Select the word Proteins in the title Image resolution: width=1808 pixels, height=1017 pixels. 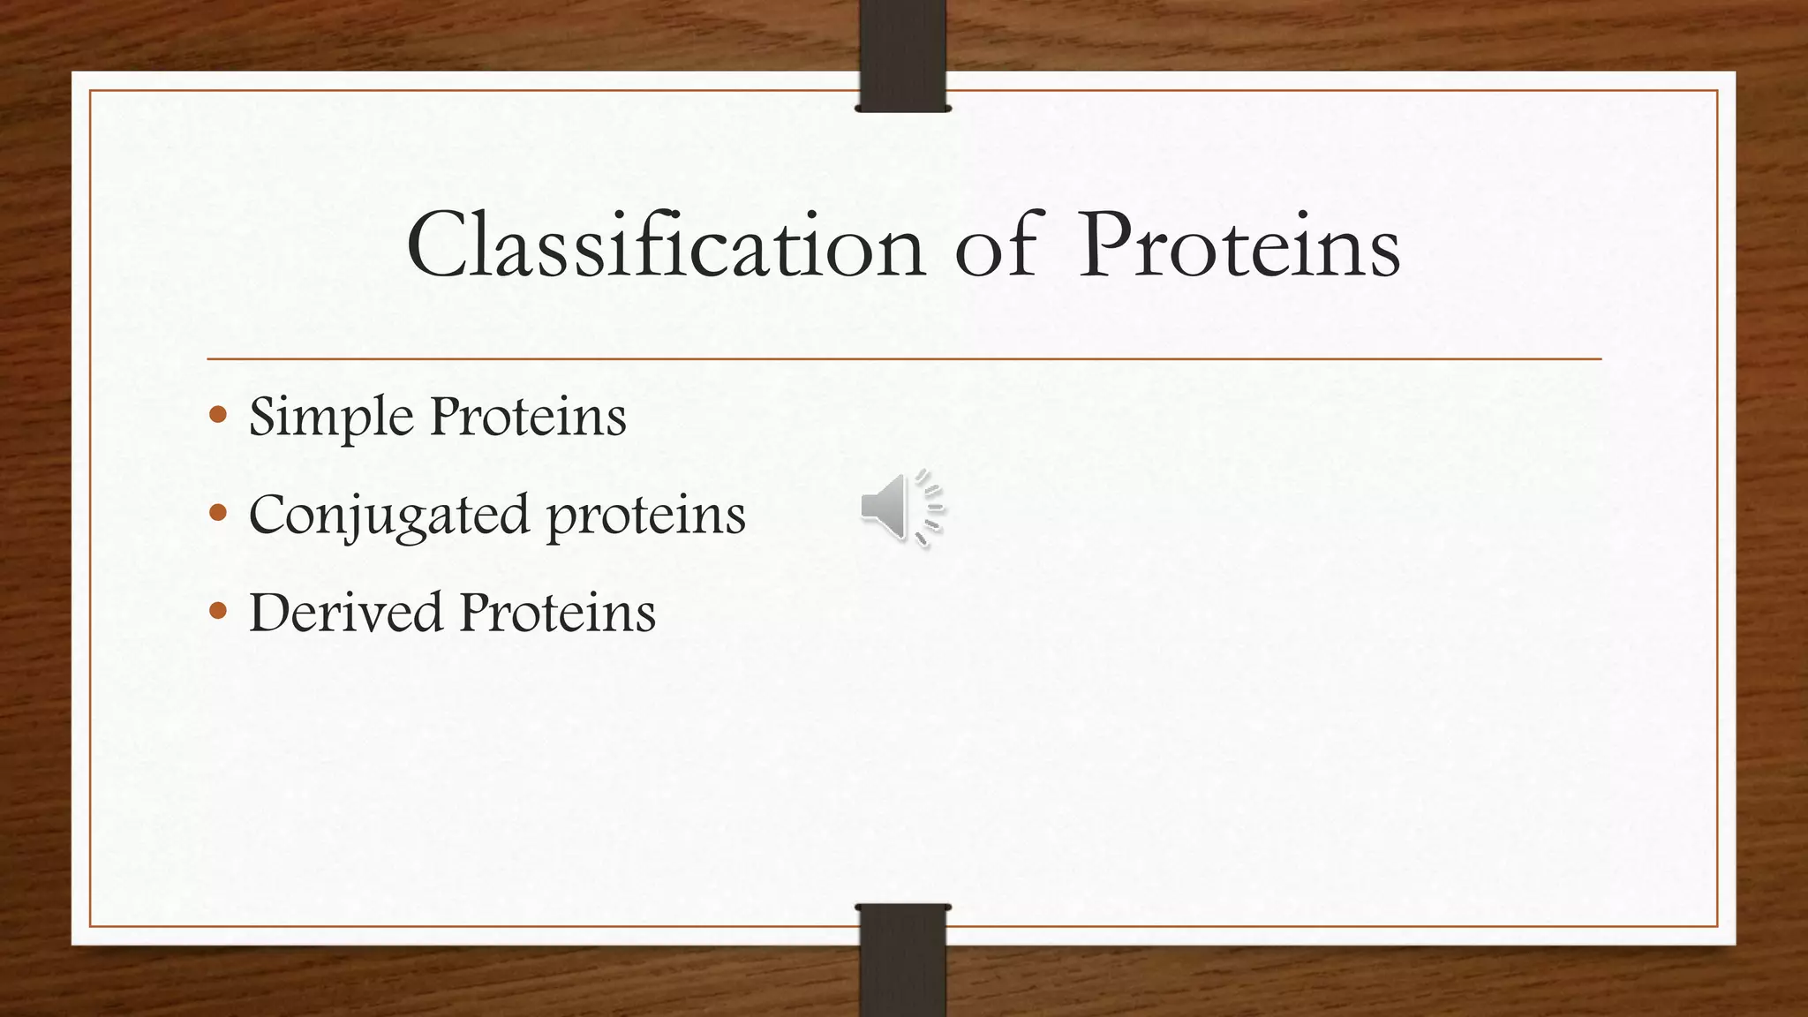point(1239,246)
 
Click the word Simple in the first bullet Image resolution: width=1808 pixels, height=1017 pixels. point(331,417)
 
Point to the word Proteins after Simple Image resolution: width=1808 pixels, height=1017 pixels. point(527,417)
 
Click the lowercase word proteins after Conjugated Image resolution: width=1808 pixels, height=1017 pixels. point(645,516)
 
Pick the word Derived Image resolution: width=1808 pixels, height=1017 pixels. point(345,612)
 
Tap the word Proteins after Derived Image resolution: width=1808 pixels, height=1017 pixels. point(557,612)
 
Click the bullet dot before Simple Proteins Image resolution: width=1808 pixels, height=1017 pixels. point(219,414)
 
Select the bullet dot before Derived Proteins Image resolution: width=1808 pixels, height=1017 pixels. point(219,610)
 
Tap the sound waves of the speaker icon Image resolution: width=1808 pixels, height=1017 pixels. point(930,508)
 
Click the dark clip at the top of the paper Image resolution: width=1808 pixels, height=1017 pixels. point(902,55)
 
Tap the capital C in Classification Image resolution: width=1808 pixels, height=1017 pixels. point(439,246)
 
